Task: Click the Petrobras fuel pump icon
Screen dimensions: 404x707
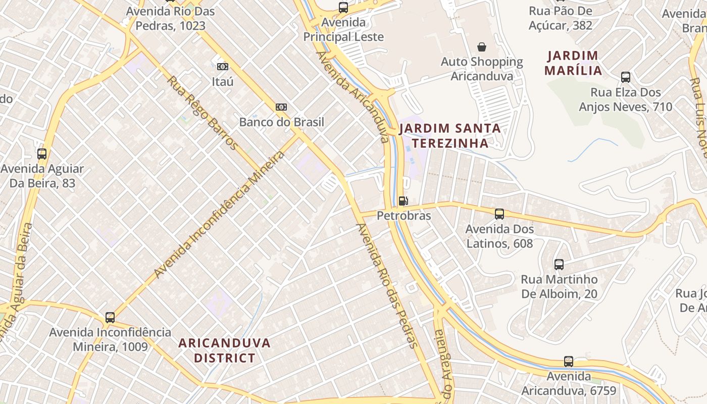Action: (x=402, y=201)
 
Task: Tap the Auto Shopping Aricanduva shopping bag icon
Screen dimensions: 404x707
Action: (x=482, y=47)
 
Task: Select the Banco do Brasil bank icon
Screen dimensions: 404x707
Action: (x=281, y=107)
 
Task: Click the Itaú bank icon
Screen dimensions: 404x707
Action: (x=222, y=66)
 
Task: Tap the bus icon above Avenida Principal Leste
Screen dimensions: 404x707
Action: (x=343, y=7)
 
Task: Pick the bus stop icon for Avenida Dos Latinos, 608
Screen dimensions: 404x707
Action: (x=499, y=214)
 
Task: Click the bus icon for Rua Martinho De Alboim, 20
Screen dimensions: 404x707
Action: (x=559, y=264)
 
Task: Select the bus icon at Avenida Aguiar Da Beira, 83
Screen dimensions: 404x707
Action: (x=42, y=154)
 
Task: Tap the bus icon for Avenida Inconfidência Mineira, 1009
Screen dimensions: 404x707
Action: (x=110, y=318)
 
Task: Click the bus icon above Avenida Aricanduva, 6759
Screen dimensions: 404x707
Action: (x=569, y=362)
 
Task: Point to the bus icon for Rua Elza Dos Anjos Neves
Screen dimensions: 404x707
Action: (x=625, y=77)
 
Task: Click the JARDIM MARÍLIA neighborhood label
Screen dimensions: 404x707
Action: (x=573, y=63)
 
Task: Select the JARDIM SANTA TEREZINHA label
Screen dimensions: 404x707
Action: (x=450, y=136)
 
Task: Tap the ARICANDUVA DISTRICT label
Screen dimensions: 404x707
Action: (x=225, y=350)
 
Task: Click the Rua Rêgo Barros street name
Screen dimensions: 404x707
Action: (x=202, y=113)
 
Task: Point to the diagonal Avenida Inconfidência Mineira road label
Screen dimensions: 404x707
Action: (x=220, y=214)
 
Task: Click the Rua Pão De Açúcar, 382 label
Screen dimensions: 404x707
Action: (x=561, y=18)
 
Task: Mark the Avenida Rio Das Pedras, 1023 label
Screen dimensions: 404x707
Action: (x=170, y=19)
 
